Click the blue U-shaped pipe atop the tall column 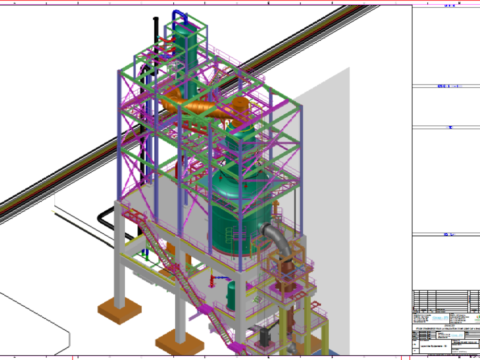pos(180,15)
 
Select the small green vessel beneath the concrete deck pos(231,294)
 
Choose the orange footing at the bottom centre pos(180,342)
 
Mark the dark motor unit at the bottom pos(264,337)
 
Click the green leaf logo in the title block pos(477,319)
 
